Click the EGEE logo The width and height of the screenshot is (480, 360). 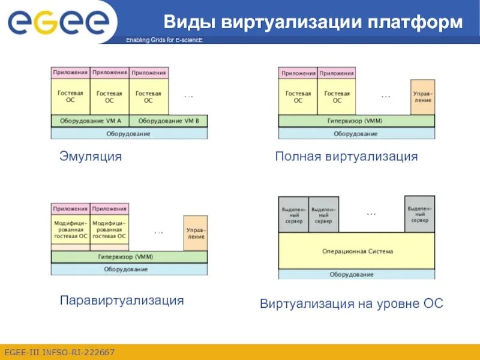58,22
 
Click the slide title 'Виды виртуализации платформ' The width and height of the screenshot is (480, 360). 314,23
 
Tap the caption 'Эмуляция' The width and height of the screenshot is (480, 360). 91,157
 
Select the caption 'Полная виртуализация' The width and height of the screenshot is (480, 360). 346,157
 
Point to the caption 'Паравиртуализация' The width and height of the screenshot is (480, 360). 122,300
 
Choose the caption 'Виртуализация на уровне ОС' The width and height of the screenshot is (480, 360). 352,304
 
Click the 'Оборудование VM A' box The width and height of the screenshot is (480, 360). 90,121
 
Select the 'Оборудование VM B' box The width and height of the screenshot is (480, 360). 169,121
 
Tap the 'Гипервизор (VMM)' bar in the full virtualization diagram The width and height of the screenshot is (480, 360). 356,121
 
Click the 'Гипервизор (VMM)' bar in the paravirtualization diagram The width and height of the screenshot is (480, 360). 128,257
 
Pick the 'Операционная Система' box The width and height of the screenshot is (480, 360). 356,251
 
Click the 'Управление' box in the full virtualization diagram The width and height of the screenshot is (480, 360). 422,97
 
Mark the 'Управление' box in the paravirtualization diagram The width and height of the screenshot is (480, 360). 195,233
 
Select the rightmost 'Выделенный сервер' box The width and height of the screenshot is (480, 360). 419,214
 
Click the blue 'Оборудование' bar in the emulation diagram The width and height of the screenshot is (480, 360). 128,134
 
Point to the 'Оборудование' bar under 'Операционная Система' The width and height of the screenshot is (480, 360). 356,275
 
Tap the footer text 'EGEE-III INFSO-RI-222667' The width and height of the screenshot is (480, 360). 59,352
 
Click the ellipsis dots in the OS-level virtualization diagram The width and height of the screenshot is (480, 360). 371,214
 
